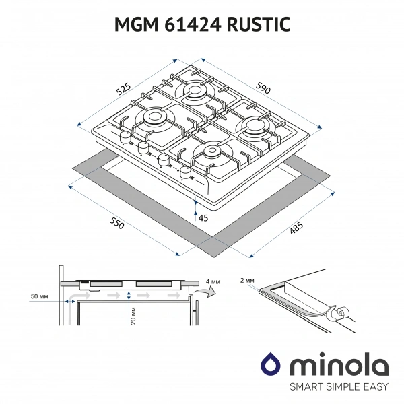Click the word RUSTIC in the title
[x=256, y=25]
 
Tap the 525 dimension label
[x=123, y=87]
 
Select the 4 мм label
[x=212, y=280]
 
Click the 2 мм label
[x=247, y=279]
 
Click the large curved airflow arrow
[x=209, y=292]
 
